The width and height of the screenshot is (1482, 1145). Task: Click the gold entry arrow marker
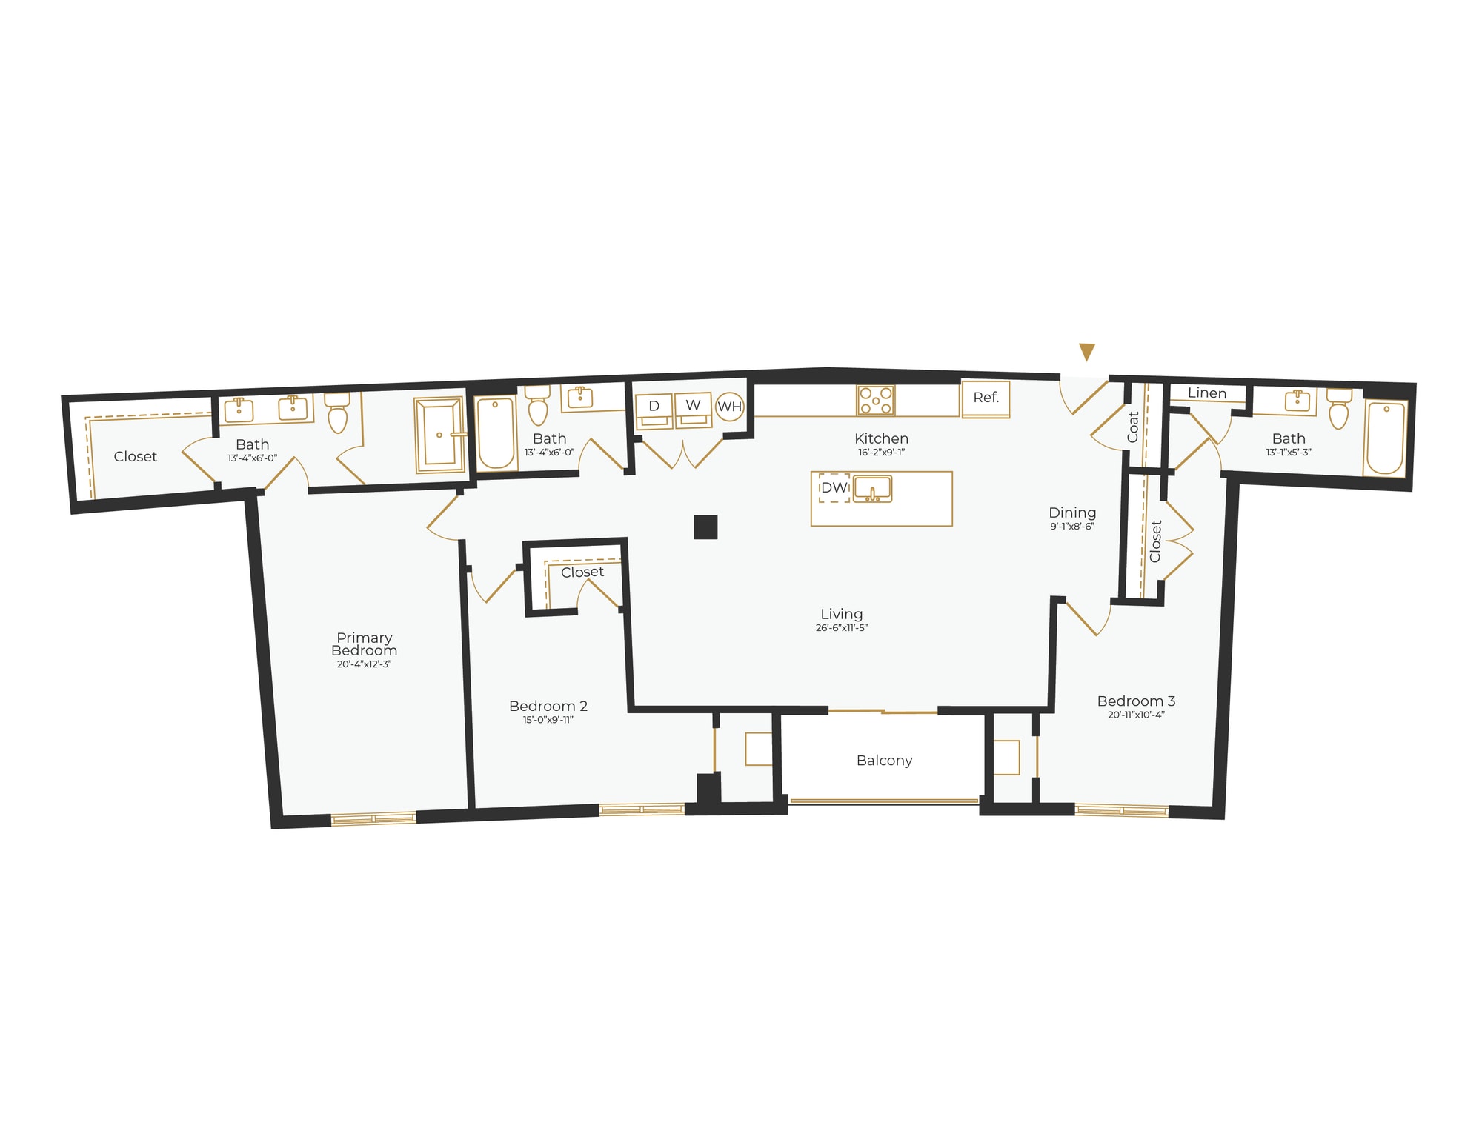click(x=1087, y=352)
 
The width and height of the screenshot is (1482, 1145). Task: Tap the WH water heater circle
click(x=730, y=407)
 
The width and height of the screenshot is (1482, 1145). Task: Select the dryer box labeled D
click(x=654, y=410)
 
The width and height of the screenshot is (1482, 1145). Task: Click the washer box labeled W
click(x=693, y=410)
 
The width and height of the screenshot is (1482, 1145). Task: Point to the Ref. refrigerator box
click(x=986, y=398)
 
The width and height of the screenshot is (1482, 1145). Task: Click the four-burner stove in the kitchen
click(x=876, y=401)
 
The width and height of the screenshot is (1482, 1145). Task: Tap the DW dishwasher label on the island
click(x=834, y=488)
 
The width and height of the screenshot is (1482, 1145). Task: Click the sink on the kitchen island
click(x=872, y=490)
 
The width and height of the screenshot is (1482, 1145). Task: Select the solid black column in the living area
click(x=705, y=527)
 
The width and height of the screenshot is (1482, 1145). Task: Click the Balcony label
click(x=884, y=761)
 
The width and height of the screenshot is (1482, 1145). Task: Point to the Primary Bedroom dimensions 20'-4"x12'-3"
click(x=364, y=664)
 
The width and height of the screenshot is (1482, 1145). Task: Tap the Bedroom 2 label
click(x=548, y=706)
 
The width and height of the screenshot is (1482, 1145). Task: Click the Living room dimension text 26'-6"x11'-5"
click(x=841, y=628)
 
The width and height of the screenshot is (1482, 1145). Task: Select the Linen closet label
click(x=1207, y=393)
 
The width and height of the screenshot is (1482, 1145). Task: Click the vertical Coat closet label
click(x=1133, y=427)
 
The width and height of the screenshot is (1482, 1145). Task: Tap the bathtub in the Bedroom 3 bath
click(x=1385, y=438)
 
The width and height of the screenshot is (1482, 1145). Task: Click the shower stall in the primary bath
click(x=439, y=435)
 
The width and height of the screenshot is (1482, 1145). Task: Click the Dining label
click(x=1072, y=513)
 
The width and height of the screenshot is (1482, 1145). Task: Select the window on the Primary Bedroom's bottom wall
click(x=373, y=818)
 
